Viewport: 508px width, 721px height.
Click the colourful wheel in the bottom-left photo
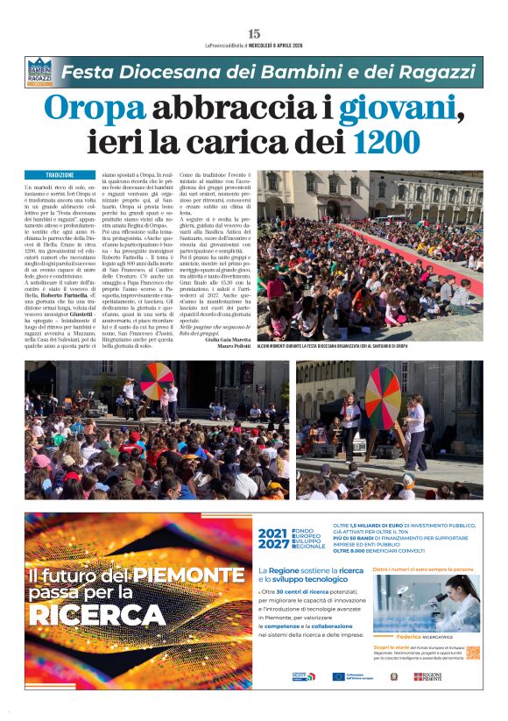pyautogui.click(x=157, y=379)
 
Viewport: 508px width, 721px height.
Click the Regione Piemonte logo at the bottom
pyautogui.click(x=428, y=676)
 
